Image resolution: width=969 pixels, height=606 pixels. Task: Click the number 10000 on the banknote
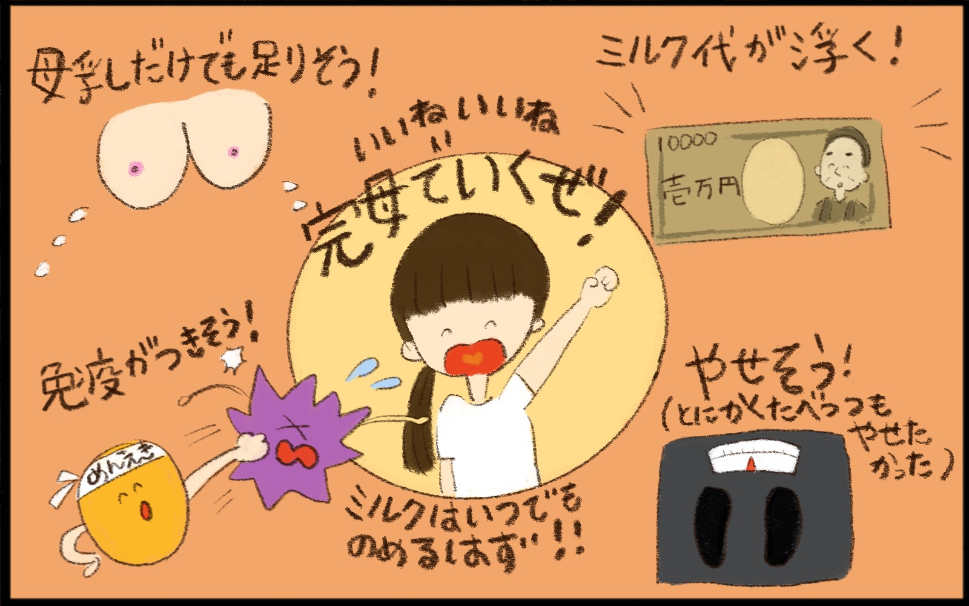pyautogui.click(x=687, y=141)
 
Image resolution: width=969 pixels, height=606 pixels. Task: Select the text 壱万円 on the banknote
pyautogui.click(x=700, y=189)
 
